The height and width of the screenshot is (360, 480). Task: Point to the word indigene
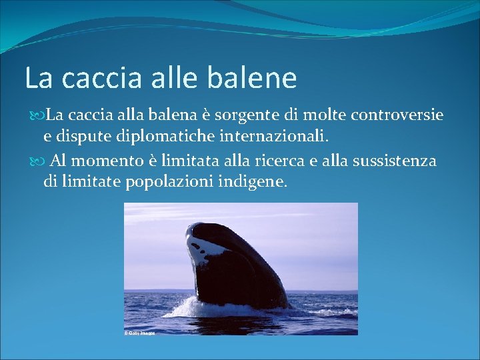coord(253,181)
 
